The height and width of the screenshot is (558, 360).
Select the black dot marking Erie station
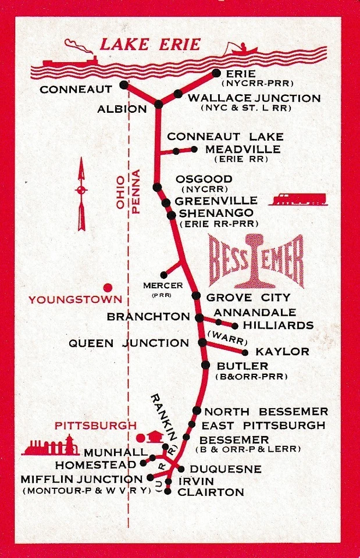coord(216,73)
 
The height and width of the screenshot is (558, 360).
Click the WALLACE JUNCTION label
coord(254,98)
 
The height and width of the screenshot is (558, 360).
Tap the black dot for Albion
coord(158,104)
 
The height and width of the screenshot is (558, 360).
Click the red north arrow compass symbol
coord(81,195)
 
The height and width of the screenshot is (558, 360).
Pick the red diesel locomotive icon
coord(298,199)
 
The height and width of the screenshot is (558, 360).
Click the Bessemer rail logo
coord(256,261)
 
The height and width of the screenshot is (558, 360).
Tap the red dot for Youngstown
coord(107,287)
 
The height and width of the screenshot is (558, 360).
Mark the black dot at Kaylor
coord(245,352)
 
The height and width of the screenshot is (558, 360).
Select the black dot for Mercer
coord(164,274)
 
